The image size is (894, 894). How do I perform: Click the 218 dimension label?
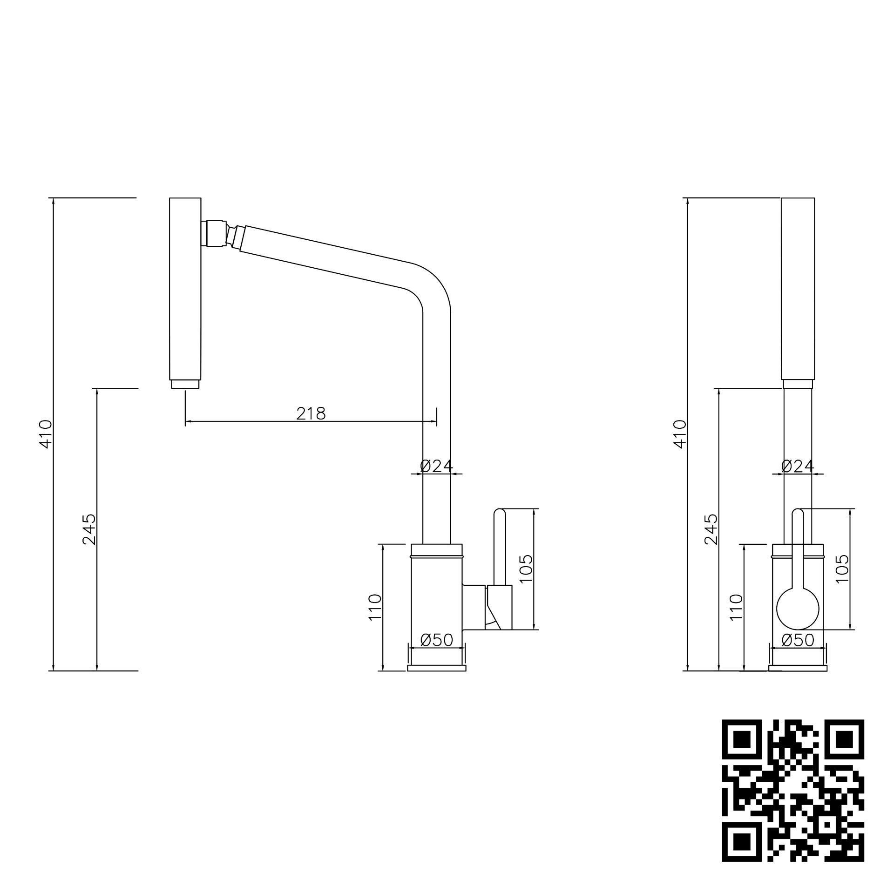tap(311, 413)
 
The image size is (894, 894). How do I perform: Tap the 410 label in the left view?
tap(46, 434)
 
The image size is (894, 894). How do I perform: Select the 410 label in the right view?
tap(680, 434)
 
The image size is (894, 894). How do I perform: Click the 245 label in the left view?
tap(89, 529)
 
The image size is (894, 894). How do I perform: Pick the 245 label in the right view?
tap(711, 529)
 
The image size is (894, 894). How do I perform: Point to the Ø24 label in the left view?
tap(436, 466)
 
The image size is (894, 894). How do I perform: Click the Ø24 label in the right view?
tap(797, 466)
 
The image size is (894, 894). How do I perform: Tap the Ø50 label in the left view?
tap(436, 640)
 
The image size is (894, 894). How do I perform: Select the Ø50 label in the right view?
tap(798, 640)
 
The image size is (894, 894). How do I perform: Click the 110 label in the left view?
tap(375, 607)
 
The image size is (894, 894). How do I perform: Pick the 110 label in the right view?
tap(737, 607)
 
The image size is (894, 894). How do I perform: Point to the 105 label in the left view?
tap(526, 569)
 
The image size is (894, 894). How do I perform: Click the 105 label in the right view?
tap(842, 569)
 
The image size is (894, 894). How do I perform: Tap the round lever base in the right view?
tap(798, 609)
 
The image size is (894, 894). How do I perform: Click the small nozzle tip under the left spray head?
tap(185, 384)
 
